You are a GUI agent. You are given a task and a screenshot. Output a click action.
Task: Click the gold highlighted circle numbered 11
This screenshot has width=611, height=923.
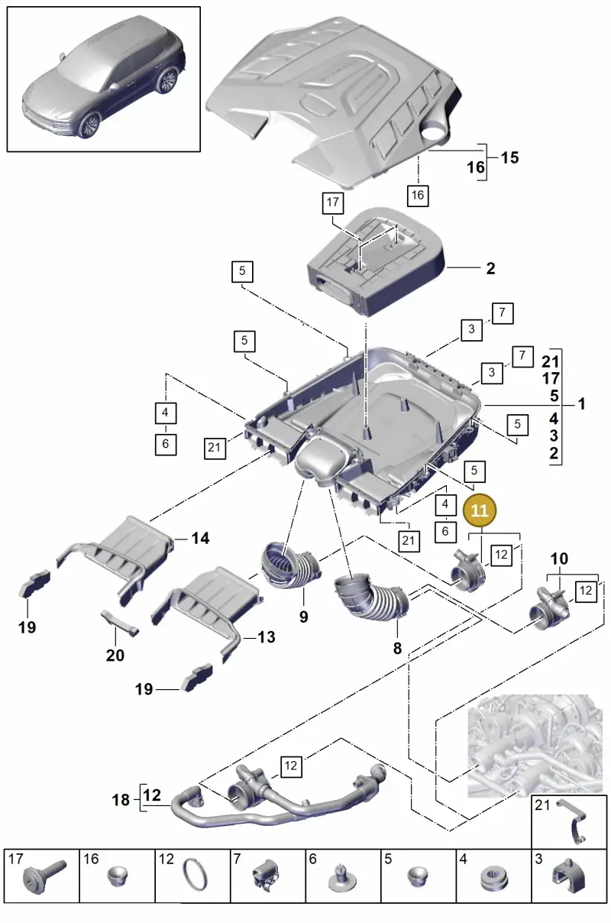(x=479, y=510)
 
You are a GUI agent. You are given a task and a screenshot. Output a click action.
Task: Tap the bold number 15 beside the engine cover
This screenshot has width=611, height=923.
(x=510, y=157)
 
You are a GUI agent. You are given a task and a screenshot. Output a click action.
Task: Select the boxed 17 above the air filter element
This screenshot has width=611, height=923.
(x=332, y=202)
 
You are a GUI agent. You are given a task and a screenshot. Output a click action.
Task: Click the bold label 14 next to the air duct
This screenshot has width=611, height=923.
(x=200, y=538)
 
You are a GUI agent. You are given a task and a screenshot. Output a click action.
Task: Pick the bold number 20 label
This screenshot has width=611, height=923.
(x=115, y=655)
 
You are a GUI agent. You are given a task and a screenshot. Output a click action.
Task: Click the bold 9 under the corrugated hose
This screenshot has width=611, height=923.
(x=304, y=617)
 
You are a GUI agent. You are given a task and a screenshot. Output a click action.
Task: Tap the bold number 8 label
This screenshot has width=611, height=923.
(x=397, y=648)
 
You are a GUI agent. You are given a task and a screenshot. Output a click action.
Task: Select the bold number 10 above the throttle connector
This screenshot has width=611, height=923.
(x=559, y=559)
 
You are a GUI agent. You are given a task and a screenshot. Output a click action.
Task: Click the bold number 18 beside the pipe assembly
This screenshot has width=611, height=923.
(x=121, y=800)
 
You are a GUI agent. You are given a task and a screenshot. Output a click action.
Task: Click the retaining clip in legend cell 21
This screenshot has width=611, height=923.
(x=574, y=822)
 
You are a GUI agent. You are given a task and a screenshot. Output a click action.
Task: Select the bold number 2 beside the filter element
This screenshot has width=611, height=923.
(x=490, y=268)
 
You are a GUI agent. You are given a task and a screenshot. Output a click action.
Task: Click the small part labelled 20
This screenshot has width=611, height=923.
(x=119, y=623)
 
